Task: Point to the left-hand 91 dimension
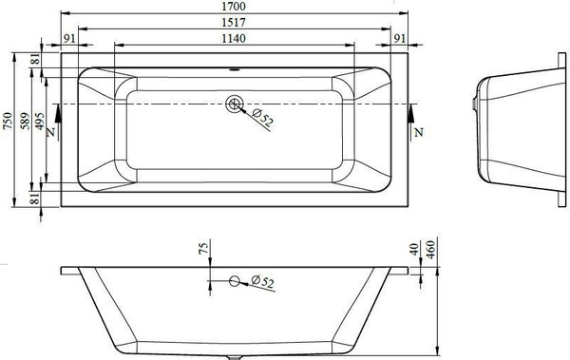pyautogui.click(x=69, y=38)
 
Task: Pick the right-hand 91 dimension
pyautogui.click(x=400, y=38)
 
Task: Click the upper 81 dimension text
pyautogui.click(x=36, y=60)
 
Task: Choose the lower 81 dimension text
pyautogui.click(x=36, y=197)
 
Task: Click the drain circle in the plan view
pyautogui.click(x=235, y=106)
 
